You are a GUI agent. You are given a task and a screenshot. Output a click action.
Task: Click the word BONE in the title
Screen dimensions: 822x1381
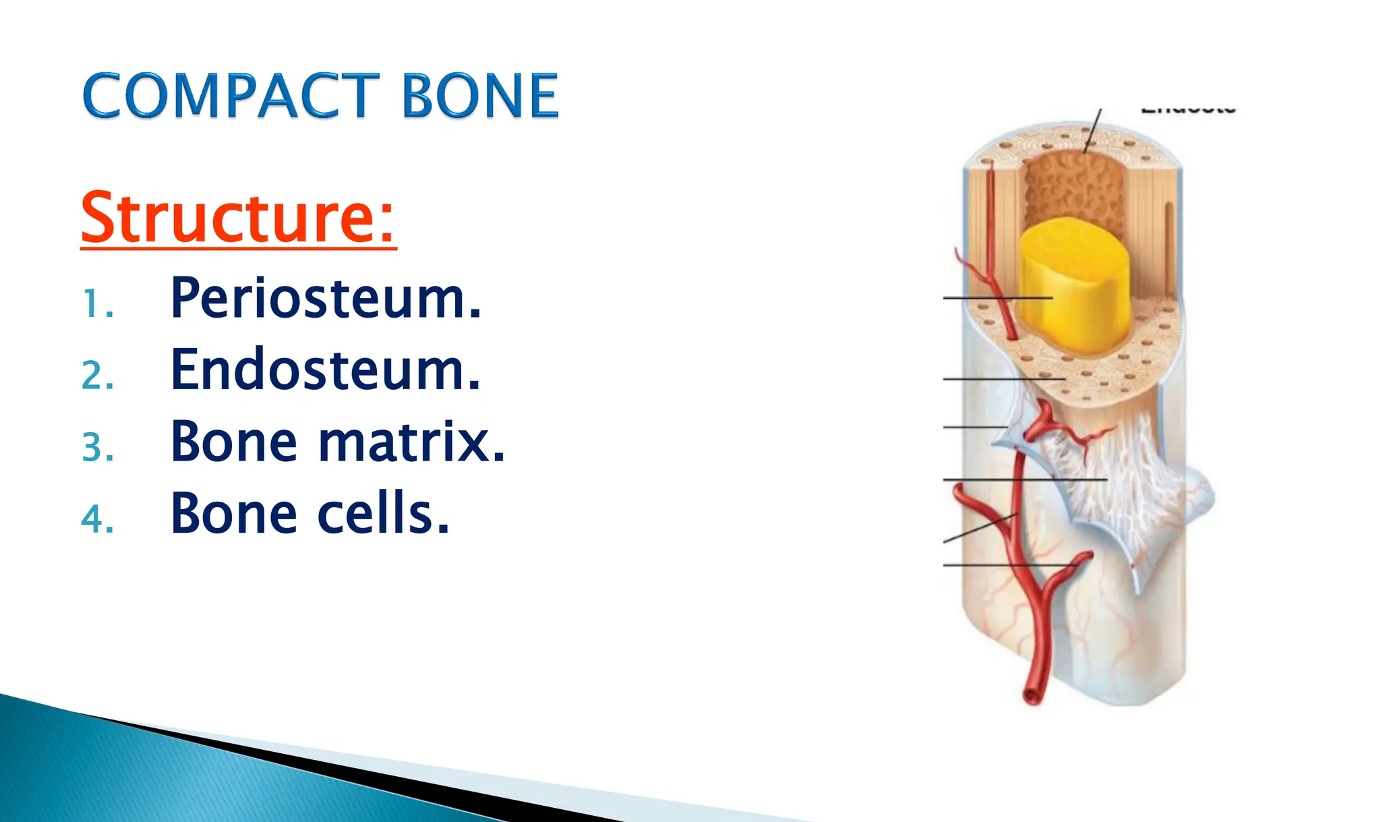click(480, 96)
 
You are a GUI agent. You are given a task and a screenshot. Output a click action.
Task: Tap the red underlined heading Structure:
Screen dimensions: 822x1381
click(238, 217)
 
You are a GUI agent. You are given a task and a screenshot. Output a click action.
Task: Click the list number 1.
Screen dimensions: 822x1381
click(96, 304)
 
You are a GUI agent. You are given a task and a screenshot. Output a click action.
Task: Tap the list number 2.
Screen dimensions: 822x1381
click(97, 376)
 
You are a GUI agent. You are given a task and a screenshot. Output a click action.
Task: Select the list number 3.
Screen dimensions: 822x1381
click(97, 448)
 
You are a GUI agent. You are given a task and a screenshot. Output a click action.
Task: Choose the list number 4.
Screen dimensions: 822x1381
click(97, 520)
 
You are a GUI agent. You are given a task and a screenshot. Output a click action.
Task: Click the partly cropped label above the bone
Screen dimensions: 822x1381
click(1188, 109)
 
